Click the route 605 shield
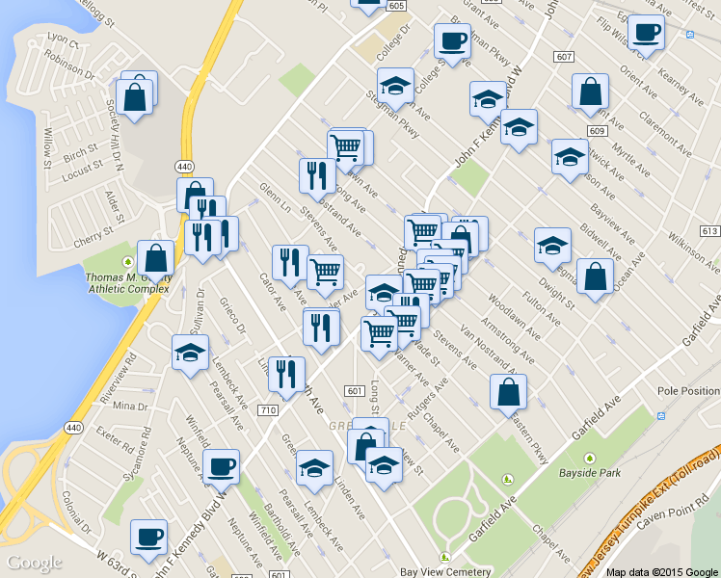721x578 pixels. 396,6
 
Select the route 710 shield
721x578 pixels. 268,410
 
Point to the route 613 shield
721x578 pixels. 710,231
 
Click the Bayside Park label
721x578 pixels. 590,473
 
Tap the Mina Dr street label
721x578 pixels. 130,407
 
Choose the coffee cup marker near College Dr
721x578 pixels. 452,40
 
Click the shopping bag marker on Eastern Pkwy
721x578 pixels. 508,391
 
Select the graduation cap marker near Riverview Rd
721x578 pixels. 190,353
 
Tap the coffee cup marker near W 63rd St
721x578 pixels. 148,537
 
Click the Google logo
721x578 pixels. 34,562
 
